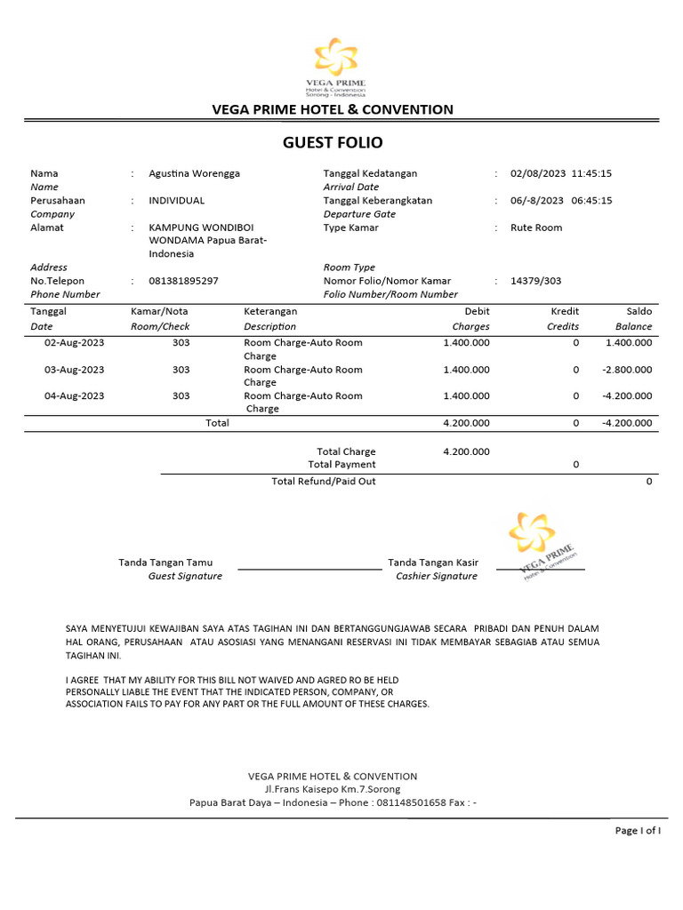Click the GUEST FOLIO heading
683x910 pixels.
pos(333,143)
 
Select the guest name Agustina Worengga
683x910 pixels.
pos(194,174)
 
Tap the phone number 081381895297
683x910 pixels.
pos(183,281)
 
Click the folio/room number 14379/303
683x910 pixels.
pos(535,281)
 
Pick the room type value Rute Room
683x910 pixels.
pos(536,227)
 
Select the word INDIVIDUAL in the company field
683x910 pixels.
pos(176,201)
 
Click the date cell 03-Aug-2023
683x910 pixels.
pos(75,370)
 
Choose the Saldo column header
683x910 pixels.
pos(639,312)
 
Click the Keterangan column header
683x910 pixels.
pos(270,312)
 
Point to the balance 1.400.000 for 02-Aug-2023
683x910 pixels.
pos(628,343)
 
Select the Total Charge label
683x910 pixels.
pos(346,451)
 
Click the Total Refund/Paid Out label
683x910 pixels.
pos(323,481)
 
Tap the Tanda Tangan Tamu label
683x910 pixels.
pos(165,563)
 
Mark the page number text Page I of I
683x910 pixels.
pos(638,830)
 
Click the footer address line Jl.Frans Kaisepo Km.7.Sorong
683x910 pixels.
pos(333,789)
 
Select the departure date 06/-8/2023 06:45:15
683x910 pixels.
pos(561,201)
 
